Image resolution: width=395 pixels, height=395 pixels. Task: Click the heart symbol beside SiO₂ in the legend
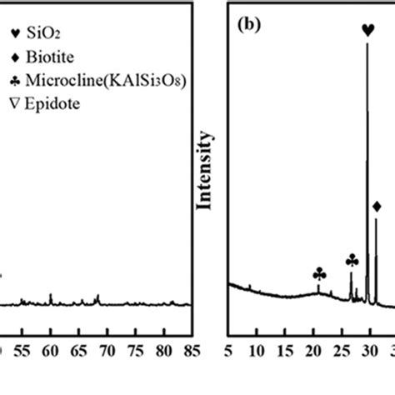click(11, 35)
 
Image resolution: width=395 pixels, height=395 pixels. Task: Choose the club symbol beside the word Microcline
click(11, 81)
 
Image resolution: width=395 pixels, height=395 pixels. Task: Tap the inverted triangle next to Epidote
click(11, 104)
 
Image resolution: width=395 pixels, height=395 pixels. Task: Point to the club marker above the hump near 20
click(319, 273)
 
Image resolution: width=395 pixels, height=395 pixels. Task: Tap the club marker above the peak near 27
click(352, 262)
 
